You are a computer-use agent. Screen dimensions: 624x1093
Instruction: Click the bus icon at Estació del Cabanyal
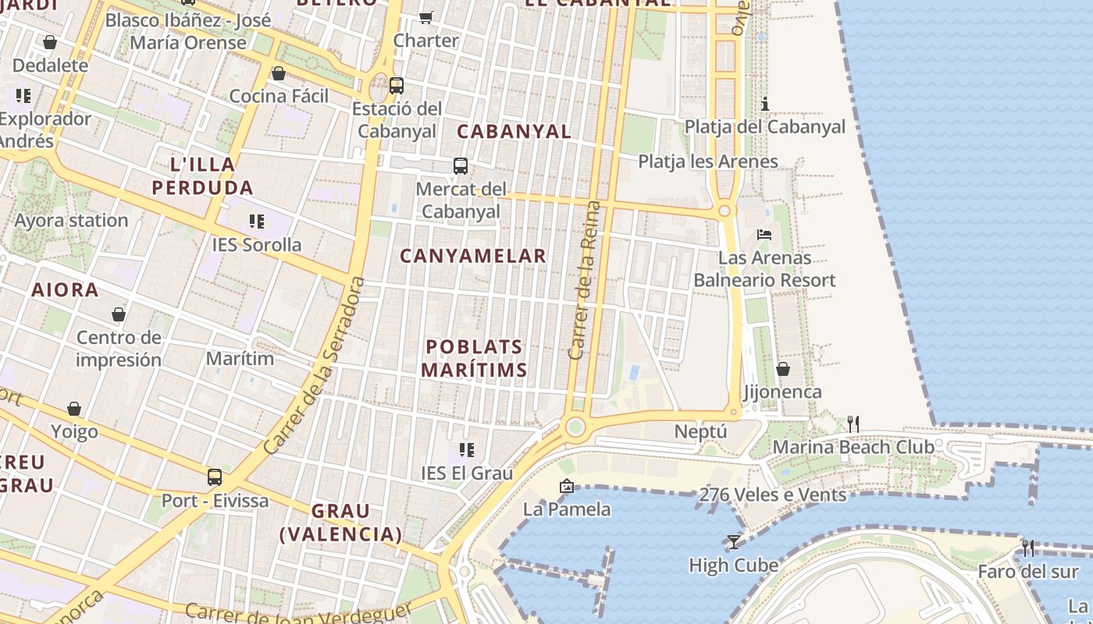click(397, 85)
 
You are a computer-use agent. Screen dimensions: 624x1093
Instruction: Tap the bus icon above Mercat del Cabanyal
click(461, 165)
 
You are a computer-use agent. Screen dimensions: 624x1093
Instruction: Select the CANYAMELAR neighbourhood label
click(473, 256)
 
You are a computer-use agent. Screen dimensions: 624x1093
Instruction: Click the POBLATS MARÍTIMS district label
click(474, 358)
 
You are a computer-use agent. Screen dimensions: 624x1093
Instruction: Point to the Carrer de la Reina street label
click(585, 281)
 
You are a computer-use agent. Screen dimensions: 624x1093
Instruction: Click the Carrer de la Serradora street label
click(315, 367)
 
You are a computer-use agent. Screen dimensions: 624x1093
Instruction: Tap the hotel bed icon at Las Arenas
click(764, 234)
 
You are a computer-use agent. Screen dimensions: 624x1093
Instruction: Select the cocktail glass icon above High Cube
click(733, 541)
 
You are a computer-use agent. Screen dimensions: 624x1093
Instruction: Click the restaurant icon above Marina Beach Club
click(853, 424)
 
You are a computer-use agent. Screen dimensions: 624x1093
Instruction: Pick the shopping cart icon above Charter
click(425, 16)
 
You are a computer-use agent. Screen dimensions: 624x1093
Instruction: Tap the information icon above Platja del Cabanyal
click(765, 104)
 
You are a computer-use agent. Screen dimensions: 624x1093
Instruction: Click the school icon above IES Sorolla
click(256, 222)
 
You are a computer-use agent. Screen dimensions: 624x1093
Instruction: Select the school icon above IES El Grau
click(467, 449)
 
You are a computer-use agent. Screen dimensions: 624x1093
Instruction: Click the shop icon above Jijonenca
click(782, 368)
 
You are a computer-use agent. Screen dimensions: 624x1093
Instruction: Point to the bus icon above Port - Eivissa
click(214, 477)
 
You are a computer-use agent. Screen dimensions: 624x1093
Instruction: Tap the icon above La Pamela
click(567, 486)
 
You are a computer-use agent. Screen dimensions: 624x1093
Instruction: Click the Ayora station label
click(71, 221)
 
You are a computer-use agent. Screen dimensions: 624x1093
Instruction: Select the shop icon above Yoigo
click(74, 409)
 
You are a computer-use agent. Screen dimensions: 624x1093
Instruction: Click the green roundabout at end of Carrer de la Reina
click(575, 426)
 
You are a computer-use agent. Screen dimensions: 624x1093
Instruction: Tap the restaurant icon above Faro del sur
click(1027, 548)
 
